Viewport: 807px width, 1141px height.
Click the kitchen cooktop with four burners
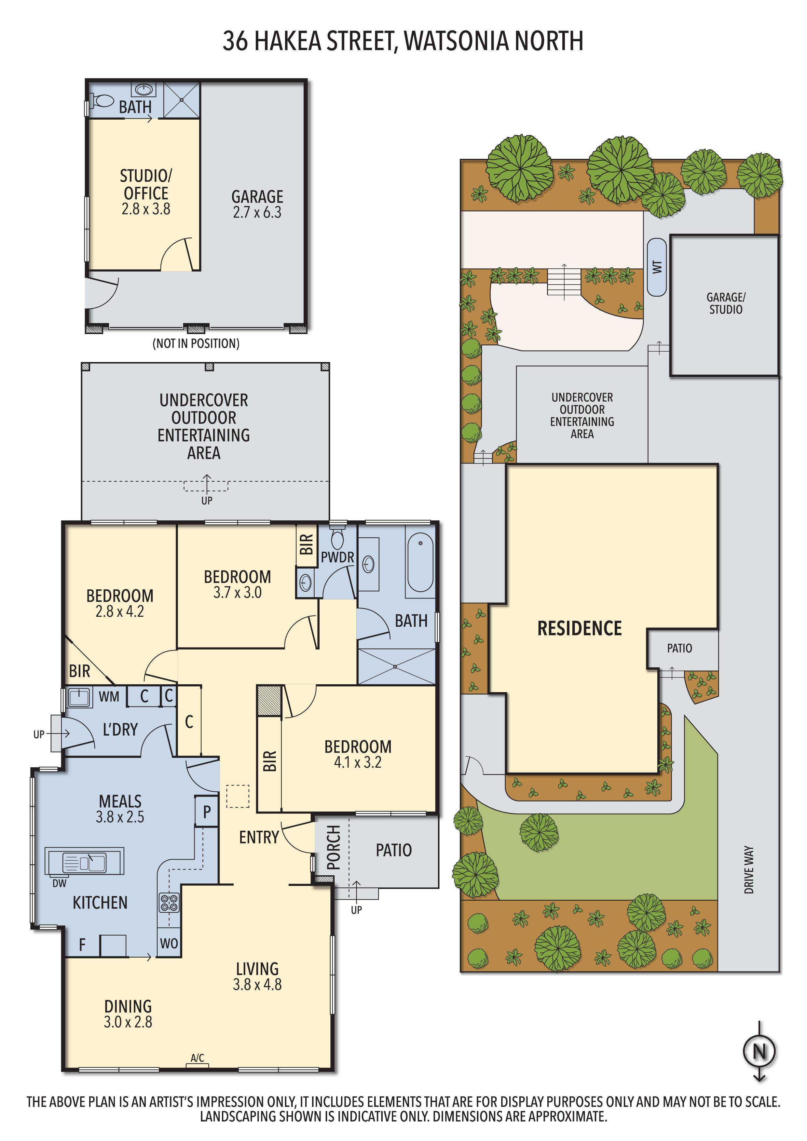pyautogui.click(x=169, y=903)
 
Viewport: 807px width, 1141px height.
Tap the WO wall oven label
pyautogui.click(x=169, y=943)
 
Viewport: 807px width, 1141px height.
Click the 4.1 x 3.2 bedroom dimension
pyautogui.click(x=358, y=762)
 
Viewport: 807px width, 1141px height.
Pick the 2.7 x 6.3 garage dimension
pyautogui.click(x=257, y=212)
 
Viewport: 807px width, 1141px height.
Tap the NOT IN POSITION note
pyautogui.click(x=196, y=343)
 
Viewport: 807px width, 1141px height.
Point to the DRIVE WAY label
pyautogui.click(x=749, y=870)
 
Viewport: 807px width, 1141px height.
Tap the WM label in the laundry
pyautogui.click(x=109, y=697)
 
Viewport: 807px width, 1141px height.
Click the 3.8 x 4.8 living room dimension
pyautogui.click(x=257, y=985)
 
